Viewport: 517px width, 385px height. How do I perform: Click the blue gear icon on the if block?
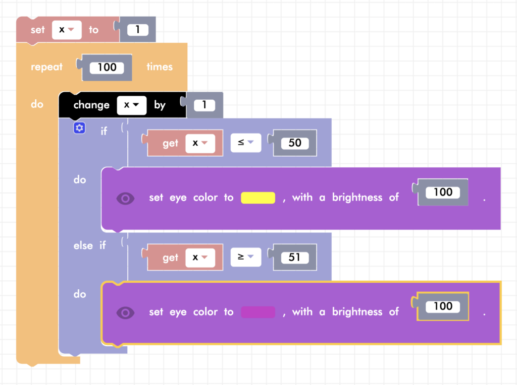79,129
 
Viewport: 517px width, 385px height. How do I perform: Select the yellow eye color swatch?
258,198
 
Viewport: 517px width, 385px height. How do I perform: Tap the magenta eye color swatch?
258,312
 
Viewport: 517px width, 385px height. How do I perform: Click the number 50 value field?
295,143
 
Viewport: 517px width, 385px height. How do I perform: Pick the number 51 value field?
295,257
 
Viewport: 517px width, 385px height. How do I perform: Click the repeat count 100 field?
107,67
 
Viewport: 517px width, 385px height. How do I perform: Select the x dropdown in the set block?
67,30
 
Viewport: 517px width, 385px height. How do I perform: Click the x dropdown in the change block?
131,105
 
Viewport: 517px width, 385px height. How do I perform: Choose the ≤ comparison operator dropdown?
246,143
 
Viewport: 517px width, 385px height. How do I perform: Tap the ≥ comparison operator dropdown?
246,258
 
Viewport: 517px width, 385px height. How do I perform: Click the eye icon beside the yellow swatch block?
126,198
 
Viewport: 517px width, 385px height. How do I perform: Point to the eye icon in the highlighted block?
126,312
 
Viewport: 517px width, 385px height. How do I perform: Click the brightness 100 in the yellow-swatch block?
443,192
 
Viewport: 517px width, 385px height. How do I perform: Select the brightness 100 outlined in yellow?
443,306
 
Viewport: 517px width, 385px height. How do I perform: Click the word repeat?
46,67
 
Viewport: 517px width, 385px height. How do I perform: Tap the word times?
160,67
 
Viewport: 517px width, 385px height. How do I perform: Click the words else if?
89,246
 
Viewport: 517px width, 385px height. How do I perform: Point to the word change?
91,105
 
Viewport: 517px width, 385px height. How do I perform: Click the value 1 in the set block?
137,30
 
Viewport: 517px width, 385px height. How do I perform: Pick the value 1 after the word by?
204,105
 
